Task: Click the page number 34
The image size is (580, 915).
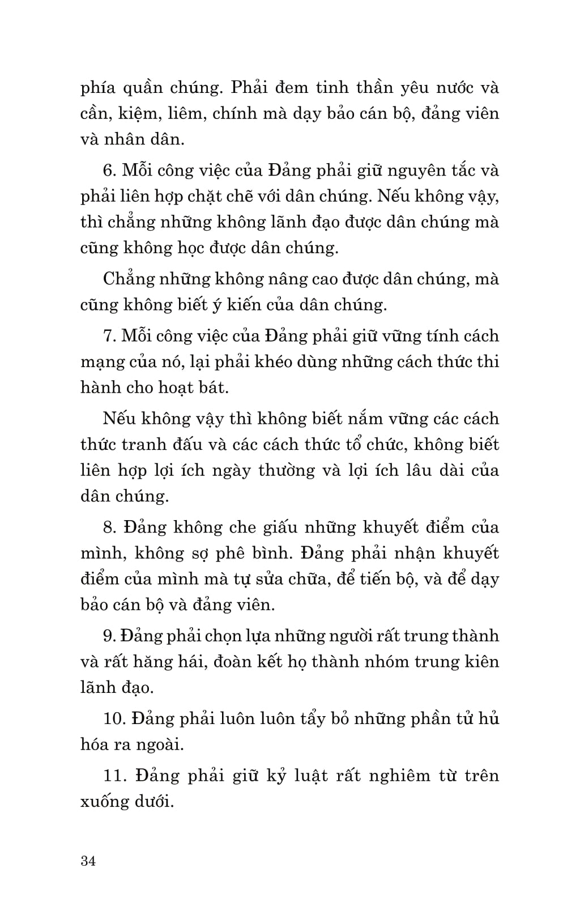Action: (88, 861)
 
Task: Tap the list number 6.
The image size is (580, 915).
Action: (109, 170)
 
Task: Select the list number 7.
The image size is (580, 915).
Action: (109, 335)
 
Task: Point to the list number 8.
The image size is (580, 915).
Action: (109, 527)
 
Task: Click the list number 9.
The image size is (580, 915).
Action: (109, 636)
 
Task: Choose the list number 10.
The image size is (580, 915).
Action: (114, 718)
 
